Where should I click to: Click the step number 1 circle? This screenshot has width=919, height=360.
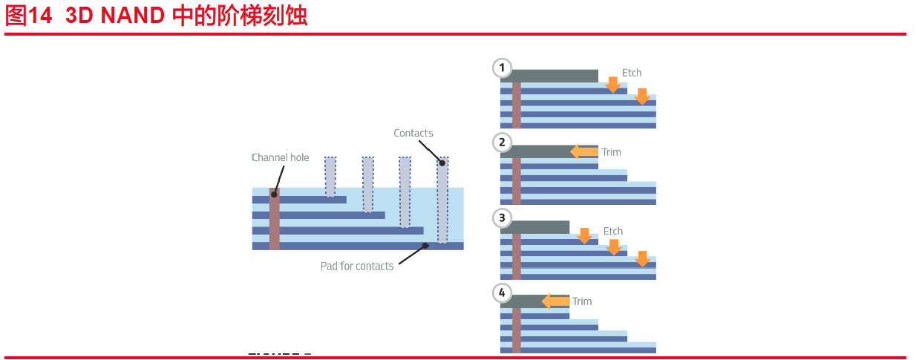click(x=503, y=68)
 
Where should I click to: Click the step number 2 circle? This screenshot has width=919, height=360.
click(x=503, y=143)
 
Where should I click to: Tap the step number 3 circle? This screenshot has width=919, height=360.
click(x=503, y=217)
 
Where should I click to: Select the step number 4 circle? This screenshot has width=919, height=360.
click(x=503, y=292)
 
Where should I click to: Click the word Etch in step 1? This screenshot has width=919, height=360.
click(x=632, y=73)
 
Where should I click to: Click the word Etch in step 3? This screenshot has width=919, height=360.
click(x=613, y=231)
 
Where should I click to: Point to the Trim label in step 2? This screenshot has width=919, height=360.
click(x=611, y=152)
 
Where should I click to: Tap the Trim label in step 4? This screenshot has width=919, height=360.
click(x=582, y=301)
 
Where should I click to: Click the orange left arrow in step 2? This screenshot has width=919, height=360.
click(x=583, y=152)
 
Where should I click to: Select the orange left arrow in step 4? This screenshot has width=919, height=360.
click(x=555, y=301)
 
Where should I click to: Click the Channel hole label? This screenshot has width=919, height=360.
click(x=280, y=157)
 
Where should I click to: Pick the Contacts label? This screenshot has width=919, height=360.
click(x=413, y=134)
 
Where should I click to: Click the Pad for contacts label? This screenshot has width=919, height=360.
click(x=357, y=266)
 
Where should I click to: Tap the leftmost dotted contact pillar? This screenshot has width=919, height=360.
click(x=330, y=177)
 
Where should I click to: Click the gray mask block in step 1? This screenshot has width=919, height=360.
click(x=554, y=76)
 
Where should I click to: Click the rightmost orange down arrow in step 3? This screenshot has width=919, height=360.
click(x=642, y=258)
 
